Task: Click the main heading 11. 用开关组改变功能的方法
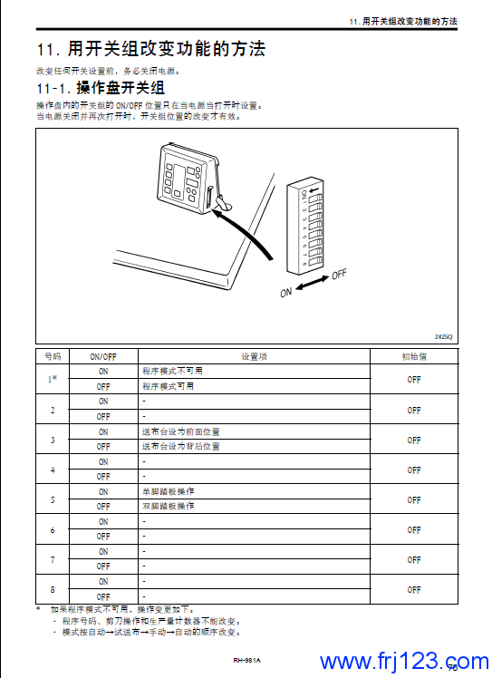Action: coord(151,48)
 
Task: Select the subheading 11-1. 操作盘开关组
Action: coord(101,88)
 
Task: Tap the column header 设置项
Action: coord(254,357)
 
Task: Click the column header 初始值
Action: coord(414,357)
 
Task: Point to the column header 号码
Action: coord(53,357)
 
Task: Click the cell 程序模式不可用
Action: coord(172,371)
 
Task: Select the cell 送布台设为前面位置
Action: coord(180,431)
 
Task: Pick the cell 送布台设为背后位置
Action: coord(180,446)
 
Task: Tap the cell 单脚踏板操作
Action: coord(168,491)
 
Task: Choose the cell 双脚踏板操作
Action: coord(168,506)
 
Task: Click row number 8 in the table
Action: coord(53,589)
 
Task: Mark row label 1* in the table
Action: coord(53,379)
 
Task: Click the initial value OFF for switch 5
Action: coord(414,499)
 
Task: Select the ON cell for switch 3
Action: coord(103,432)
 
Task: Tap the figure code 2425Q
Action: coord(444,336)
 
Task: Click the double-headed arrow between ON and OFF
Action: coord(313,283)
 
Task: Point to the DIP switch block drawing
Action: coord(304,225)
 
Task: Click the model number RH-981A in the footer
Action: coord(246,660)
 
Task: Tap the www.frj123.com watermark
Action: coord(404,662)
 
